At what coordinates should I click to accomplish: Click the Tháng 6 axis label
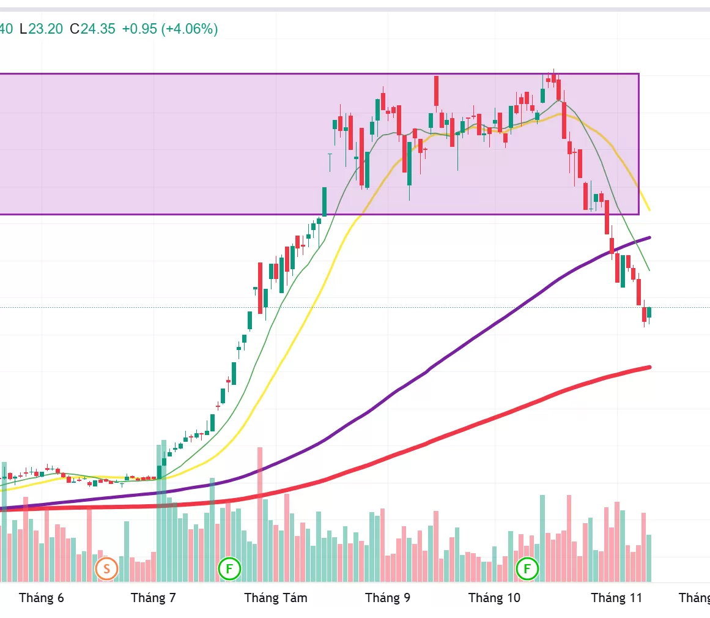pyautogui.click(x=42, y=598)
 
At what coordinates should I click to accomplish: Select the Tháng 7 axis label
pyautogui.click(x=153, y=598)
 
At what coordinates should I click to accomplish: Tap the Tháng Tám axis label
pyautogui.click(x=276, y=598)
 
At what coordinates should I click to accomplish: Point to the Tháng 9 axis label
pyautogui.click(x=388, y=598)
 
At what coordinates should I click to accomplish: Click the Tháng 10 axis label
pyautogui.click(x=494, y=598)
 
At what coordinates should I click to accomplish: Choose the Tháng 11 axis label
pyautogui.click(x=616, y=598)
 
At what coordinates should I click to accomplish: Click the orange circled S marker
pyautogui.click(x=106, y=569)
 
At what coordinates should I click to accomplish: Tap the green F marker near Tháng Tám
pyautogui.click(x=230, y=568)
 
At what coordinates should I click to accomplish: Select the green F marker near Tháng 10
pyautogui.click(x=527, y=568)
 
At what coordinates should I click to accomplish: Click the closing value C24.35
pyautogui.click(x=92, y=29)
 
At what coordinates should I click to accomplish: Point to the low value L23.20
pyautogui.click(x=41, y=29)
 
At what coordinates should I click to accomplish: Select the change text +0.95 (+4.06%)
pyautogui.click(x=170, y=29)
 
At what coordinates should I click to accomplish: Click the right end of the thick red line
pyautogui.click(x=649, y=367)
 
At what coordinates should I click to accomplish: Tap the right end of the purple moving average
pyautogui.click(x=649, y=237)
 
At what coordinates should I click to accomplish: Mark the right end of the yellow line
pyautogui.click(x=649, y=210)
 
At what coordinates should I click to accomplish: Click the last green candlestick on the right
pyautogui.click(x=649, y=312)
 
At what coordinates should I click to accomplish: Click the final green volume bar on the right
pyautogui.click(x=649, y=558)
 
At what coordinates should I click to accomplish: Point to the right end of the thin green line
pyautogui.click(x=649, y=270)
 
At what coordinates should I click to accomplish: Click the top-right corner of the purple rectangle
pyautogui.click(x=638, y=74)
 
